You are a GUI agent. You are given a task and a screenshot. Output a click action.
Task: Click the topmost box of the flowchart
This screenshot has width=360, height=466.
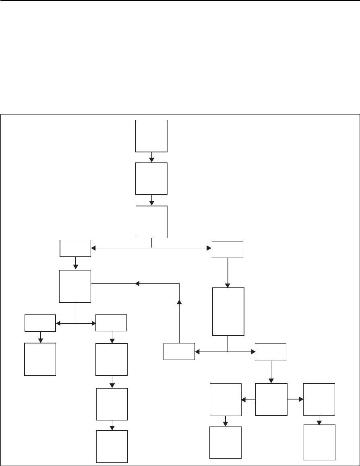click(151, 135)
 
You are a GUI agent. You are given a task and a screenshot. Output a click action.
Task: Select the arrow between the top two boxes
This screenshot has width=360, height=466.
click(151, 157)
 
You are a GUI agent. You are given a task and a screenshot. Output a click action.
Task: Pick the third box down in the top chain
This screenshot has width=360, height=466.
click(151, 222)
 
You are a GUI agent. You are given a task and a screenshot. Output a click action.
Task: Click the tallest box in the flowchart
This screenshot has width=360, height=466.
click(228, 311)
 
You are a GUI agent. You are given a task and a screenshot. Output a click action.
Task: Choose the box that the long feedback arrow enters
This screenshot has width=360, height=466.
click(75, 286)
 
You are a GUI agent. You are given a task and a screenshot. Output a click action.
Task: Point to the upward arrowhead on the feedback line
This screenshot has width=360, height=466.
click(179, 302)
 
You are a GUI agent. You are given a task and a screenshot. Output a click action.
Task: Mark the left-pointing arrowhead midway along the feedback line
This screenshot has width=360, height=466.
click(137, 284)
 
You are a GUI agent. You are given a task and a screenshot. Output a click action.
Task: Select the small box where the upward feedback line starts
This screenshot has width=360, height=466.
click(179, 352)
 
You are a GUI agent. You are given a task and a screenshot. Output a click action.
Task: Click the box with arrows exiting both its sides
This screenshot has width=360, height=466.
click(271, 399)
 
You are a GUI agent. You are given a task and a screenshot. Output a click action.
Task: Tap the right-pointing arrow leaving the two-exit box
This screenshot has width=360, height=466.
click(296, 399)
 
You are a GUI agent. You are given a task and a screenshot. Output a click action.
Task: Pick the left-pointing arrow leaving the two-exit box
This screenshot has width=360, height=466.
click(248, 400)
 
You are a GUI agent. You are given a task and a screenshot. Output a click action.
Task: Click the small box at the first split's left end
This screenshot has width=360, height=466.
click(75, 248)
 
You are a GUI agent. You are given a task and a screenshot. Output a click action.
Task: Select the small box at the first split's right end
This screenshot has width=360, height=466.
click(228, 249)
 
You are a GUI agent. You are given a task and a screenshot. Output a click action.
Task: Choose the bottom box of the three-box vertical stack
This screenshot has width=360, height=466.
click(112, 446)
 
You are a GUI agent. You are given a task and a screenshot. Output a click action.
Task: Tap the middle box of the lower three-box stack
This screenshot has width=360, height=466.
click(112, 404)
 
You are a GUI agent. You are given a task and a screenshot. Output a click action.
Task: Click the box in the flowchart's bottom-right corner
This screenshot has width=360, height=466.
click(320, 442)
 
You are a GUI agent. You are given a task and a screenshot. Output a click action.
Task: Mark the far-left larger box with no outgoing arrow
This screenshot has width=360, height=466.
click(40, 359)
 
